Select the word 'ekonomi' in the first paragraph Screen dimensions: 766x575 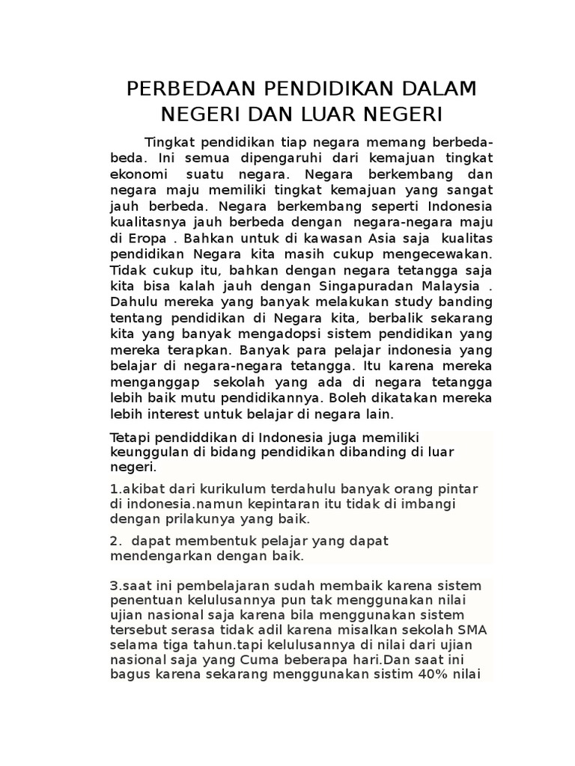coord(137,173)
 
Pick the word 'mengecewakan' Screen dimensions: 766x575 coord(422,254)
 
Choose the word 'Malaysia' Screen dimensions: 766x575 coord(445,286)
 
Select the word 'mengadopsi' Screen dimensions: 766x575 coord(271,334)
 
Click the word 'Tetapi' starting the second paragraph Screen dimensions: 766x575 coord(129,437)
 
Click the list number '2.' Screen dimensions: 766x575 coord(115,541)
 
